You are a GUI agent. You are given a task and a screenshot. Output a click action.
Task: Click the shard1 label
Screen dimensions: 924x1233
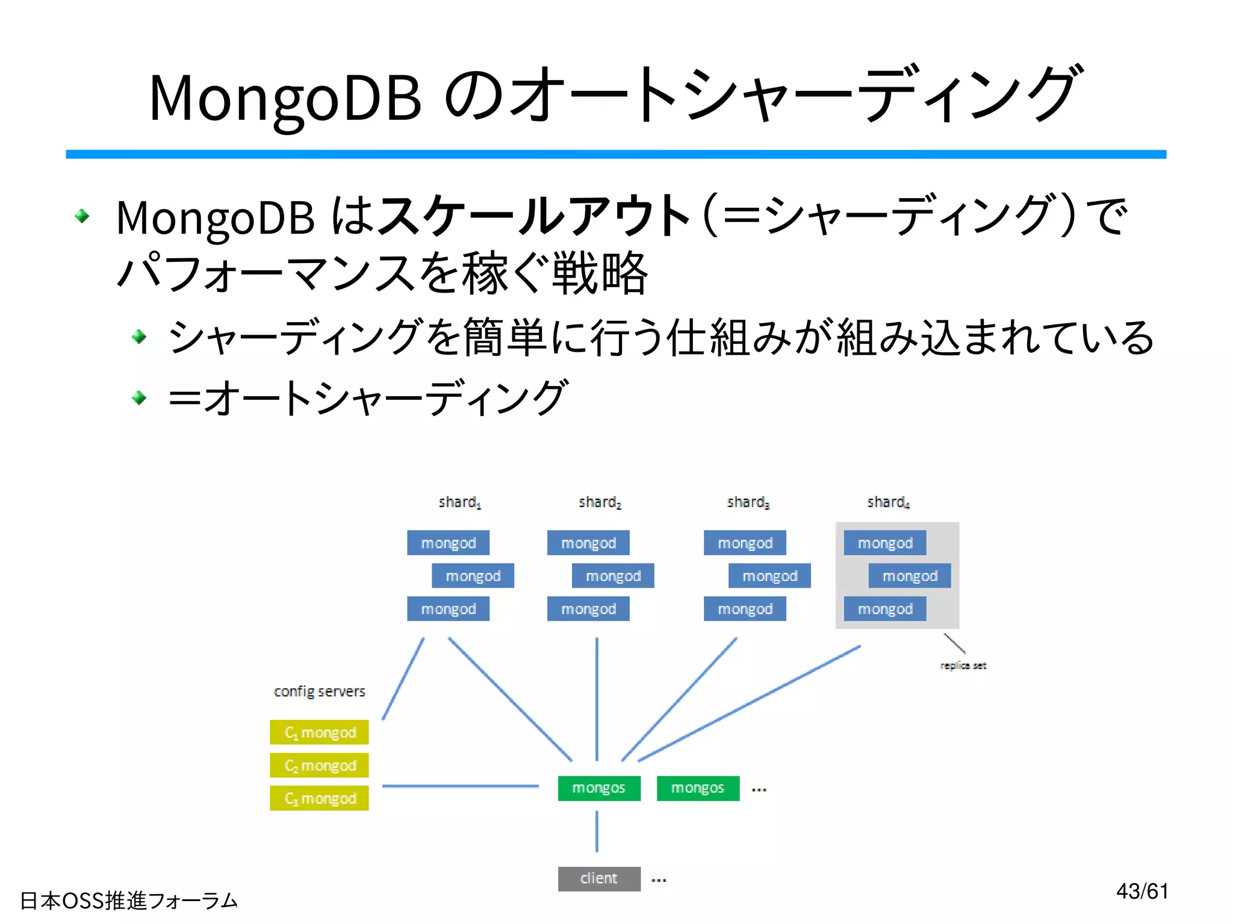459,502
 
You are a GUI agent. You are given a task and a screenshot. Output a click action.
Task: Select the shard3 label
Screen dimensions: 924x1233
748,502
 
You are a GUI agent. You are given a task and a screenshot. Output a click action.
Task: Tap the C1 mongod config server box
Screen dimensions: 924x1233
319,732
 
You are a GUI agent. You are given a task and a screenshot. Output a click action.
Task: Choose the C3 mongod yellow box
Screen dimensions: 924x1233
319,798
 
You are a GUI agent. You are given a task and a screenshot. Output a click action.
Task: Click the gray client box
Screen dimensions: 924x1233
598,878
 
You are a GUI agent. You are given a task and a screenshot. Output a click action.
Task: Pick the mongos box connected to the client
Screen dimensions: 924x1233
598,788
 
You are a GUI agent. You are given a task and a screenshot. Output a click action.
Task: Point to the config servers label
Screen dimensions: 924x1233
319,691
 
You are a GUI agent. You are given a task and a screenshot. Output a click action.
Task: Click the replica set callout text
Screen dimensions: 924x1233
963,665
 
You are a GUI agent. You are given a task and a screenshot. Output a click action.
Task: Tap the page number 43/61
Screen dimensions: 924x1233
1142,891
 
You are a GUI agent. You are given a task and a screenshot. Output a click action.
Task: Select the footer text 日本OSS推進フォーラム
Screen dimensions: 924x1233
129,901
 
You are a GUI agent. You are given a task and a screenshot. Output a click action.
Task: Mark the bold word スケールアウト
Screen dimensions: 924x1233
534,215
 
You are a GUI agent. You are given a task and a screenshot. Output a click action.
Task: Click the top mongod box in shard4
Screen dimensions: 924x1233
884,543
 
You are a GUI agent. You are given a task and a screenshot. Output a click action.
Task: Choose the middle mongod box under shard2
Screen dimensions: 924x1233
613,576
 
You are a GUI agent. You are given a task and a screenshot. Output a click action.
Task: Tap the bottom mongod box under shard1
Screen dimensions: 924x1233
448,609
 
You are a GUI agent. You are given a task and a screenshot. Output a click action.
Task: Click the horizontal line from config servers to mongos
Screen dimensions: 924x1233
461,786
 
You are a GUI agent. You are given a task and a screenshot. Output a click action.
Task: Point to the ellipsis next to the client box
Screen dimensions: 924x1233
659,879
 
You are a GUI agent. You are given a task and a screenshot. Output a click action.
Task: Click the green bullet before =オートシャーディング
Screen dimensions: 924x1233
139,397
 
